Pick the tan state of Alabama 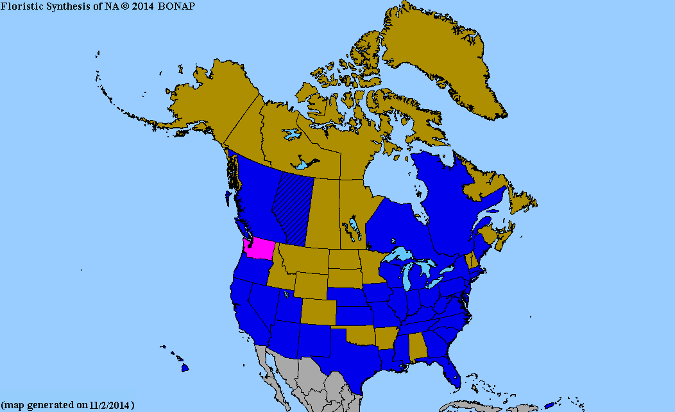pyautogui.click(x=417, y=347)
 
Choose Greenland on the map pyautogui.click(x=443, y=64)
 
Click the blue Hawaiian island pyautogui.click(x=185, y=368)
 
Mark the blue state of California pyautogui.click(x=247, y=314)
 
